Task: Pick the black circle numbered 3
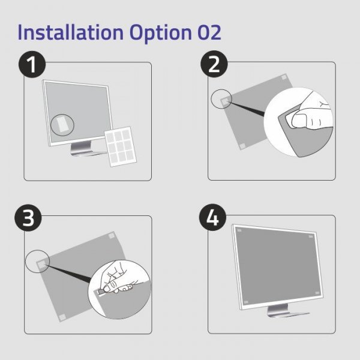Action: pos(29,219)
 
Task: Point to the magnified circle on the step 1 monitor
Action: pos(61,124)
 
